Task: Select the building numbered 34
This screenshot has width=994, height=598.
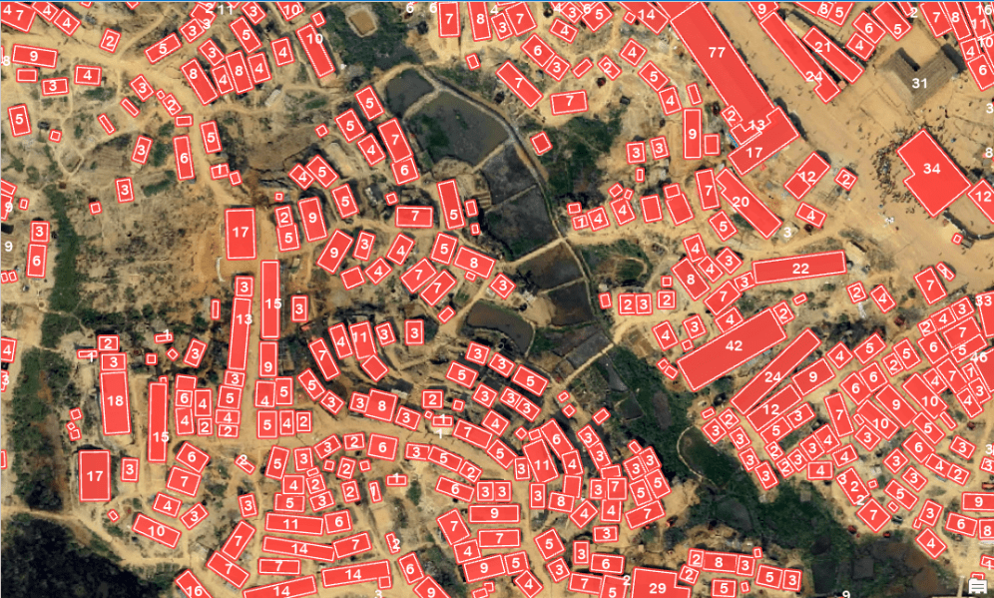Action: tap(933, 171)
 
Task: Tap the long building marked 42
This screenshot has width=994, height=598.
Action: tap(734, 346)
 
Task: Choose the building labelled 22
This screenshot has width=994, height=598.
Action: tap(799, 268)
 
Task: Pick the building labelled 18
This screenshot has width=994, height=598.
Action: tap(115, 401)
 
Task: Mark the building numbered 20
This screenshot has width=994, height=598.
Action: tap(745, 202)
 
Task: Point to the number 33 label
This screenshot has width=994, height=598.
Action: tap(983, 299)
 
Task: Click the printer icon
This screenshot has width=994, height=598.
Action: tap(978, 586)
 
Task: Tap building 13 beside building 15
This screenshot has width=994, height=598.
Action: tap(241, 319)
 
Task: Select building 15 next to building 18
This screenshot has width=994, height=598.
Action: tap(158, 423)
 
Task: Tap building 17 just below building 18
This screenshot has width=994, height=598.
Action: tap(95, 475)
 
